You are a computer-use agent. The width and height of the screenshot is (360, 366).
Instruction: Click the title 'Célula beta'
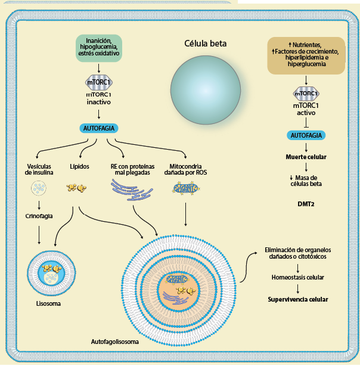206,44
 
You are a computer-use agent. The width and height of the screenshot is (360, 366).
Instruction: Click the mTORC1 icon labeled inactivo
99,82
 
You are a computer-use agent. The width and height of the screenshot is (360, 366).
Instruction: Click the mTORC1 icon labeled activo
305,94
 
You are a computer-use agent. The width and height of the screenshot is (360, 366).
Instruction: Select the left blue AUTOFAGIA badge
99,128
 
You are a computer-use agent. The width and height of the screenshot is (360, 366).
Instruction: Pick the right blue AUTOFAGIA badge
306,135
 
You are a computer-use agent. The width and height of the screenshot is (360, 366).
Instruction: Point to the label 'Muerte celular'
305,157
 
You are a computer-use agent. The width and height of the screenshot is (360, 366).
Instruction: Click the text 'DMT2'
306,203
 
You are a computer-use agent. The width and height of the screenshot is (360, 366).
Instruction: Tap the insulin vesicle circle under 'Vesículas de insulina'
39,190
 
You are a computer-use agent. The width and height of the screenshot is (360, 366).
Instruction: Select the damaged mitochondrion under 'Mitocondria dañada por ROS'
186,189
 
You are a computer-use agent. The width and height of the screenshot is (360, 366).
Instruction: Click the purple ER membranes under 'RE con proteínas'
132,190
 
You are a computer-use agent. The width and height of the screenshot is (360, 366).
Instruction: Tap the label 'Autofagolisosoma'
114,343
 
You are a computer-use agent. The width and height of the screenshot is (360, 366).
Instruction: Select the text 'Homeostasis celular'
297,278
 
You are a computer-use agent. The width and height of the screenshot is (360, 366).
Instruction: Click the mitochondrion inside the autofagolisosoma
176,278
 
